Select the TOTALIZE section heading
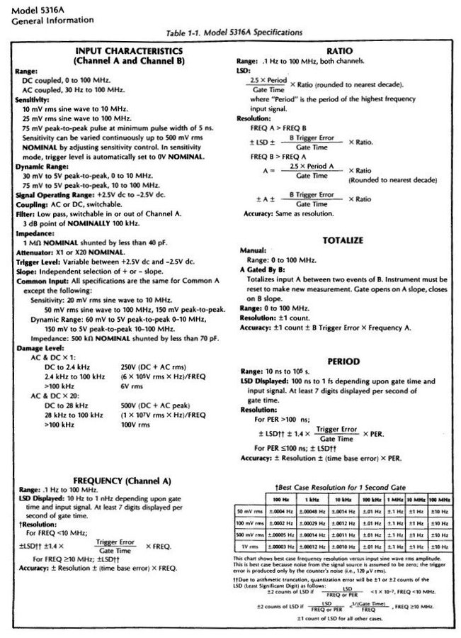tap(342, 240)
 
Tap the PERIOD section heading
tap(342, 360)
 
